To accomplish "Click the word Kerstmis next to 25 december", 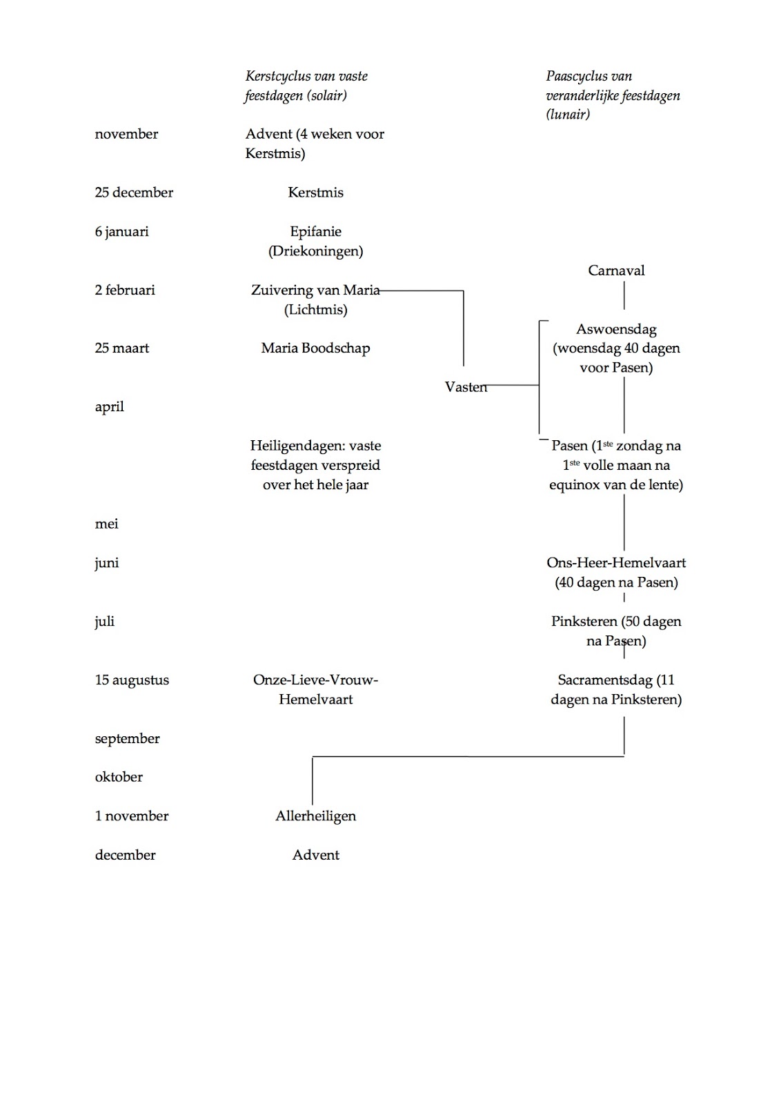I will [x=315, y=193].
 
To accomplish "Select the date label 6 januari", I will [x=121, y=232].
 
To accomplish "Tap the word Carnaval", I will [x=616, y=270].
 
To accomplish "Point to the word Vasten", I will [x=466, y=387].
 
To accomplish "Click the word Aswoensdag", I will [x=616, y=329].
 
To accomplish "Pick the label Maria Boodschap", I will [x=315, y=348].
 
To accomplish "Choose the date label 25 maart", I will [x=121, y=348].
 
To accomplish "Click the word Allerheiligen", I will [x=315, y=816].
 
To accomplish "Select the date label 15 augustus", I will [x=132, y=680].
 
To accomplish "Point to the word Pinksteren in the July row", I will [x=584, y=622].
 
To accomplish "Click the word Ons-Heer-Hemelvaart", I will [x=616, y=563].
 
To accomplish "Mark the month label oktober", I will [x=119, y=777].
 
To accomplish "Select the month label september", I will [x=127, y=739].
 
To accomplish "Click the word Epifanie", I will [x=315, y=232].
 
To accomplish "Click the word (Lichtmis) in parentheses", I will [x=315, y=310].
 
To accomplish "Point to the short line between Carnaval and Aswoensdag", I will [x=624, y=296].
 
